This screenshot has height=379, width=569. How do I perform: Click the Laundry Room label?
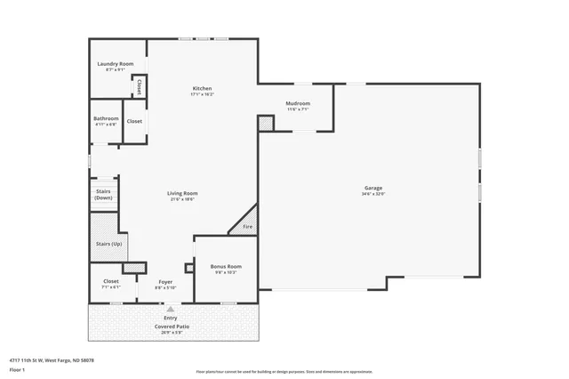pos(115,64)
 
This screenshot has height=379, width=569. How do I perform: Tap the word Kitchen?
pos(203,88)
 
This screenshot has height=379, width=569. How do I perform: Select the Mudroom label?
pos(298,103)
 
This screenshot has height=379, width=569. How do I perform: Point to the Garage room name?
pos(373,188)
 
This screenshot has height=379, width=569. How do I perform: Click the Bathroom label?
pos(106,118)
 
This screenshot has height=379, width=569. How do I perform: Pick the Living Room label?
pos(182,193)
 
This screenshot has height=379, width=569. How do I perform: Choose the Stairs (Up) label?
pos(108,244)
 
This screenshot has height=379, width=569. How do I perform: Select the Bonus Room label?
pos(226,267)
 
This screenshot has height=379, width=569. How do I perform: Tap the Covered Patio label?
pos(171,327)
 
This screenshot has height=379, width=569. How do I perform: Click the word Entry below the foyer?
pos(170,318)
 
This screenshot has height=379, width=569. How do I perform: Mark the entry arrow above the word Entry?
pos(158,309)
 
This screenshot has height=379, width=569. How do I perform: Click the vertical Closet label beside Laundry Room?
pos(140,86)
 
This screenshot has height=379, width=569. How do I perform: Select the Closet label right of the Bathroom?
pos(134,121)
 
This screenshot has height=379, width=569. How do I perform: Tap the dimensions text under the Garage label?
pos(373,194)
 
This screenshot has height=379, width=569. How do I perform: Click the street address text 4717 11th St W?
pos(52,360)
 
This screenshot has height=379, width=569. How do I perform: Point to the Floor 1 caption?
pos(17,368)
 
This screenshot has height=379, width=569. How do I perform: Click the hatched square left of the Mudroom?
pos(266,124)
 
